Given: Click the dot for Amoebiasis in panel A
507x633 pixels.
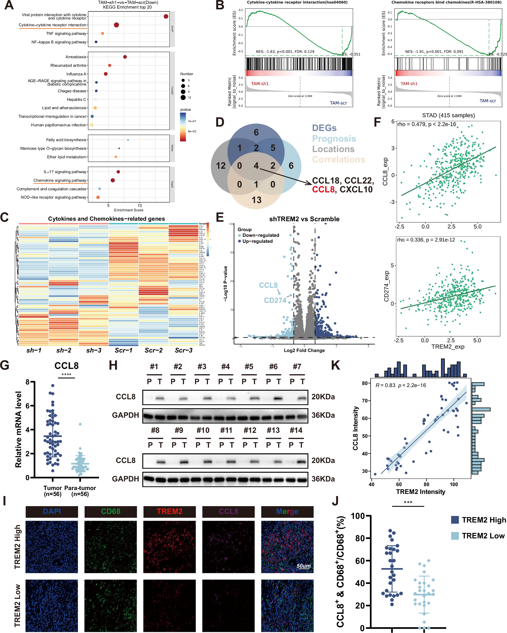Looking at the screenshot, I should click(125, 57).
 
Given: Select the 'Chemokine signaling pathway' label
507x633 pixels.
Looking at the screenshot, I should click(60, 180).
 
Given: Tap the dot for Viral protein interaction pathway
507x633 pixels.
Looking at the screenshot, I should click(166, 16).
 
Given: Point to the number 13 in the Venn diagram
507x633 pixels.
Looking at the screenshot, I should click(256, 200).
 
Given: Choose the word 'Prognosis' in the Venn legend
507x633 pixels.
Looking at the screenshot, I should click(334, 139).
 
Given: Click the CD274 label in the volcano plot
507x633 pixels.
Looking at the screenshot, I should click(275, 300).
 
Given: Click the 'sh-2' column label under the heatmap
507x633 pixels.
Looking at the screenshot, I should click(64, 350).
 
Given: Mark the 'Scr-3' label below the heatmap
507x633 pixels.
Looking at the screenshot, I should click(183, 350).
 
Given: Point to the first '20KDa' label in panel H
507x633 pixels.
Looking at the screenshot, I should click(323, 397).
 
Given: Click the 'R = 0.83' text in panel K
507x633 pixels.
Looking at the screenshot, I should click(385, 385).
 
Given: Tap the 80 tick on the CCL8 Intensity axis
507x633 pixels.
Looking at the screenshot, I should click(364, 383).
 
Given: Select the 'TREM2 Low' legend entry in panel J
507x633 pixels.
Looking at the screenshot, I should click(483, 536).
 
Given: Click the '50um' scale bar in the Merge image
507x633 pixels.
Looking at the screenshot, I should click(303, 566).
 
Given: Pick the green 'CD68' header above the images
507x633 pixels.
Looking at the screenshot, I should click(111, 511).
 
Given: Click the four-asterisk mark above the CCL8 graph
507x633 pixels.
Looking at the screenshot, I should click(66, 375).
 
